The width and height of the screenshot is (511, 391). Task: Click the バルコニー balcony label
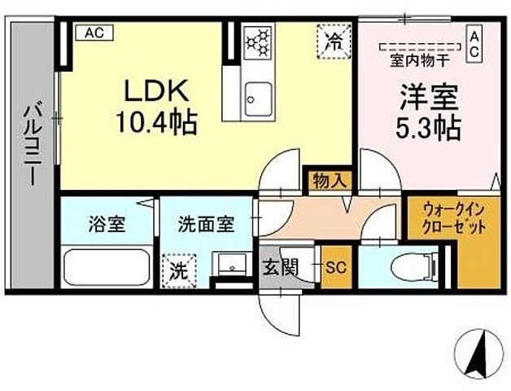coord(32,143)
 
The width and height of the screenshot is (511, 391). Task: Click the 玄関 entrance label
coord(277,266)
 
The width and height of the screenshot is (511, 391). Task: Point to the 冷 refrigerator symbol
coord(333,38)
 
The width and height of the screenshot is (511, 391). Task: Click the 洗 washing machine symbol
coord(178,270)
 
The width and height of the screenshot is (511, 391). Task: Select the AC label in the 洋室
coord(474,43)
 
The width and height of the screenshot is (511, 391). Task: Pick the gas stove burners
coord(260,40)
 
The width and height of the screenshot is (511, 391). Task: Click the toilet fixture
coord(411,266)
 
